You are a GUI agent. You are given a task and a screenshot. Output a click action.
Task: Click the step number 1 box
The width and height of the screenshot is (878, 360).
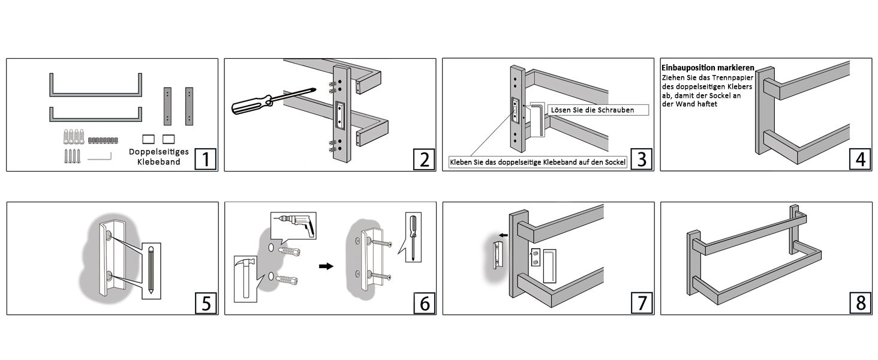point(205,160)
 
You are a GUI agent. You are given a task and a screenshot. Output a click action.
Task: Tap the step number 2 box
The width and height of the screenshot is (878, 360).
point(423,160)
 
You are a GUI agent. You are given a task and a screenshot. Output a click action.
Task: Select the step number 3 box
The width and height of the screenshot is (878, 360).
point(642,160)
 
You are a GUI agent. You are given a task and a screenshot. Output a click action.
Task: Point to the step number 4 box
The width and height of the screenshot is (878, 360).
point(860,160)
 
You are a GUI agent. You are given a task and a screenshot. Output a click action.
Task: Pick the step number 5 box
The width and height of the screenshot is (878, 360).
point(205,304)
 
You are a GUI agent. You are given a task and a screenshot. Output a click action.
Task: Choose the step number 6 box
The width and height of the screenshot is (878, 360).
point(423,304)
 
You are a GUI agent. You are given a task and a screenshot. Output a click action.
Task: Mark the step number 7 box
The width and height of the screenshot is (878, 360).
point(642,304)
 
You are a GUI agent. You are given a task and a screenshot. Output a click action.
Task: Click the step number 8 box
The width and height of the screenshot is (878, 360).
point(860,304)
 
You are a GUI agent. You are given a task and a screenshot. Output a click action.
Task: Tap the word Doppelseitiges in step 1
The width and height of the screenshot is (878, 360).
point(158,152)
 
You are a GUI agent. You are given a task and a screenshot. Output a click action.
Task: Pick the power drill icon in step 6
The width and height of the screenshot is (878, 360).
point(294,226)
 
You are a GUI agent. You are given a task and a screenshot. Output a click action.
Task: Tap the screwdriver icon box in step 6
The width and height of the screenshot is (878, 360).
point(413,236)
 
